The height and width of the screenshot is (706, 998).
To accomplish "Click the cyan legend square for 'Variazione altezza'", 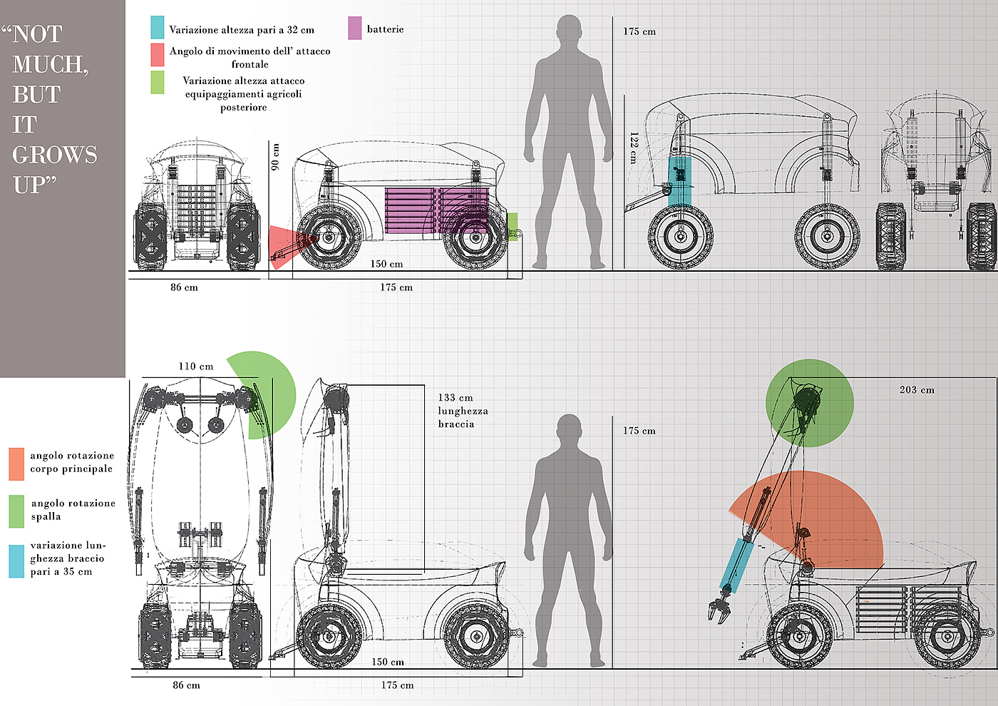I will [158, 27].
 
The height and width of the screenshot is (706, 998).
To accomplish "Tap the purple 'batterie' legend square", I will [354, 29].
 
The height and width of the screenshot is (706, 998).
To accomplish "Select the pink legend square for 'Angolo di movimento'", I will [158, 55].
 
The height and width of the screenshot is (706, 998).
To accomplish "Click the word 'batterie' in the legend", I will [385, 29].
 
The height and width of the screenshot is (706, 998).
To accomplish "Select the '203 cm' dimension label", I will [917, 390].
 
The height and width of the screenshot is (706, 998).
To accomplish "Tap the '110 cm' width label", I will [195, 367].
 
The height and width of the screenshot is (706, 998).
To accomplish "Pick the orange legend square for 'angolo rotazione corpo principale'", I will [16, 464].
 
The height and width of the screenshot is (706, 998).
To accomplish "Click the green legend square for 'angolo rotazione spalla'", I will [16, 511].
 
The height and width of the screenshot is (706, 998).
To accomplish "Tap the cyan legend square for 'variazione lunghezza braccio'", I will [16, 561].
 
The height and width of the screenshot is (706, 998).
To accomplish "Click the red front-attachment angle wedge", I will [281, 246].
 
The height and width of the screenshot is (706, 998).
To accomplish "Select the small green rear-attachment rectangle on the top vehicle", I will [512, 226].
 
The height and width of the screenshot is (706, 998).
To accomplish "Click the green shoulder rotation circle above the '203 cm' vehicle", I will [809, 403].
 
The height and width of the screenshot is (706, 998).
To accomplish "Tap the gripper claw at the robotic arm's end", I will [719, 608].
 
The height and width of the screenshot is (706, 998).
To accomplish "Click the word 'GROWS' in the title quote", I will [54, 155].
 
